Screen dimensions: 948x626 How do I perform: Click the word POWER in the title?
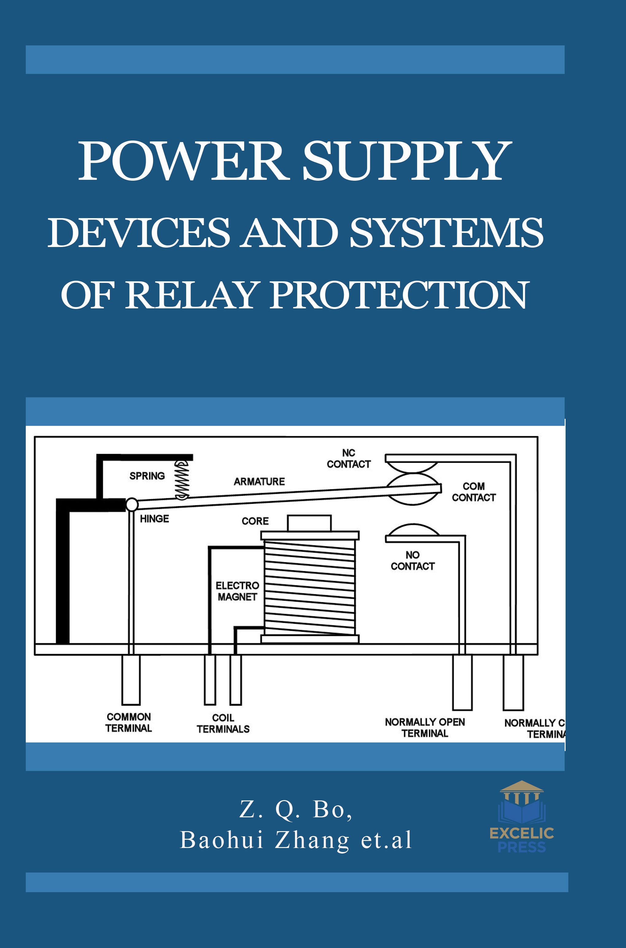tap(182, 161)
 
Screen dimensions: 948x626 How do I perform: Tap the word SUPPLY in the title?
tap(406, 161)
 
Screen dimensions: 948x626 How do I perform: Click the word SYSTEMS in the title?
tap(446, 233)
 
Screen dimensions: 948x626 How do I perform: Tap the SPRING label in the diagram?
tap(147, 476)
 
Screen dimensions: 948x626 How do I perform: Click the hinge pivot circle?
tap(132, 504)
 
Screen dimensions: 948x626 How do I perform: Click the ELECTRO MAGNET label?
tap(237, 591)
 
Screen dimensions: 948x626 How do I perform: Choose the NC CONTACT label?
tap(348, 458)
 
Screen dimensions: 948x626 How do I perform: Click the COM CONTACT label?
tap(474, 491)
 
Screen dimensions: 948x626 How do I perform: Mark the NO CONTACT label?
tap(413, 560)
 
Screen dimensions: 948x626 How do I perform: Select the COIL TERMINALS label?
tap(223, 723)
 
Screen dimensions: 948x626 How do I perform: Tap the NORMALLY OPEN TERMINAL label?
tap(425, 728)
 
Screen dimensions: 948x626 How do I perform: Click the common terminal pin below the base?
tap(131, 679)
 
